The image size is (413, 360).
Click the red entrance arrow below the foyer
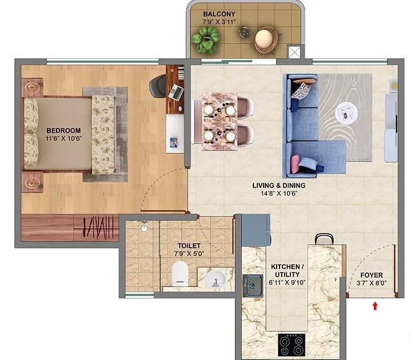[x=375, y=306]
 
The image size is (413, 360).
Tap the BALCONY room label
[x=219, y=14]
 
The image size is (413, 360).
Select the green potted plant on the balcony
[x=206, y=40]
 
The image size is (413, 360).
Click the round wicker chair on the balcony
[x=266, y=39]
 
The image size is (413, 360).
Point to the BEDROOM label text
[x=63, y=131]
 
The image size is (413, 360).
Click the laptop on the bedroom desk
[x=176, y=93]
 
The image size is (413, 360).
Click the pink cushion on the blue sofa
[x=295, y=164]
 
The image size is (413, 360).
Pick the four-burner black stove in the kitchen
[x=291, y=345]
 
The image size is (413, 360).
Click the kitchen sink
[x=252, y=285]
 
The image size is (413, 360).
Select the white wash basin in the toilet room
[x=216, y=280]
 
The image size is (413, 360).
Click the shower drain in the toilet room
[x=144, y=228]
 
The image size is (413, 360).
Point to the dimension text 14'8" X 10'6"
[x=279, y=193]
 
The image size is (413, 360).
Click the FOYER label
[x=371, y=275]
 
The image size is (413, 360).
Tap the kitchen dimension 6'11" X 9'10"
[x=287, y=283]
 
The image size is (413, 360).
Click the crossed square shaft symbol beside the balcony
[x=294, y=52]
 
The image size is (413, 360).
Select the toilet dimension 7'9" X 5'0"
[x=189, y=254]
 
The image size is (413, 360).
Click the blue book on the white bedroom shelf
[x=174, y=142]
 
